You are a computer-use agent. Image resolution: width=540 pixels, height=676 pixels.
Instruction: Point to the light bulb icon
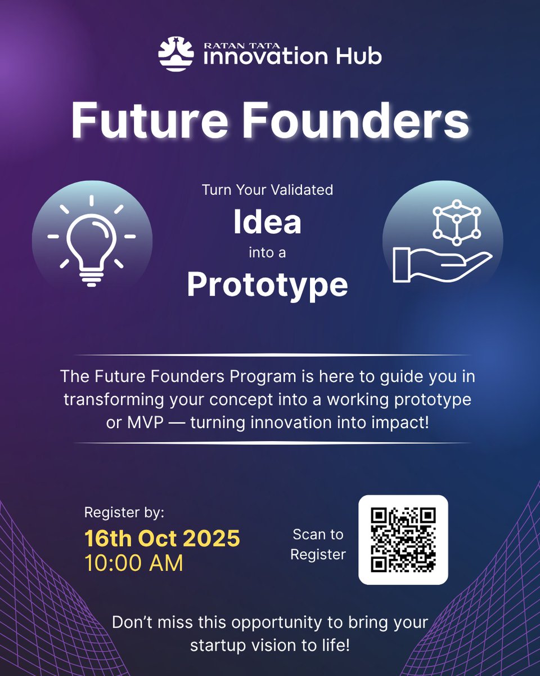(x=92, y=240)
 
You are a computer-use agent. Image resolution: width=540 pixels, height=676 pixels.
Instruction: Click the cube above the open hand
(x=456, y=222)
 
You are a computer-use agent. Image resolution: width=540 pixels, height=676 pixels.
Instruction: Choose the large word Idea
(x=267, y=223)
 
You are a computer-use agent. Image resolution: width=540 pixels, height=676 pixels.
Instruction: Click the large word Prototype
(x=267, y=285)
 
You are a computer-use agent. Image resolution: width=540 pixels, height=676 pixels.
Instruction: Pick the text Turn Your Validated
(x=267, y=190)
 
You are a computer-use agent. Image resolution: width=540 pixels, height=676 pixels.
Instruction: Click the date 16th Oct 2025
(x=162, y=539)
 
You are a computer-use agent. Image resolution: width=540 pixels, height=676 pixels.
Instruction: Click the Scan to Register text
(x=318, y=544)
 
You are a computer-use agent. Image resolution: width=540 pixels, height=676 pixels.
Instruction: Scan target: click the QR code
(x=403, y=540)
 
